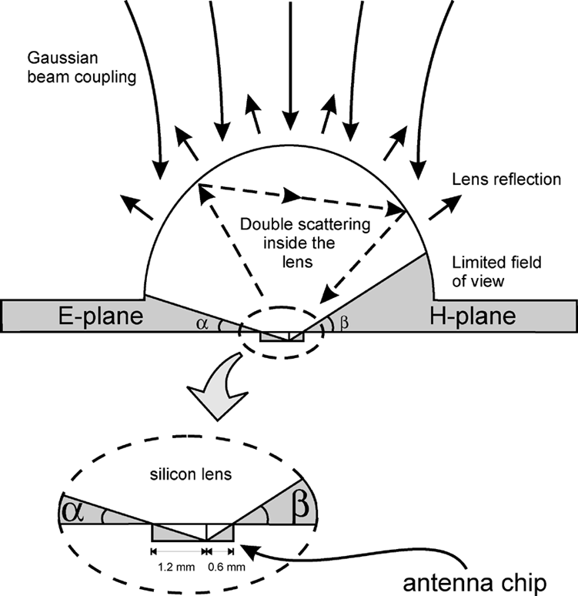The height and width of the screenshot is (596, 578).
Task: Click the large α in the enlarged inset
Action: [x=74, y=509]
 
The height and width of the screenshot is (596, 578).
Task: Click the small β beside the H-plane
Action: [x=343, y=325]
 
